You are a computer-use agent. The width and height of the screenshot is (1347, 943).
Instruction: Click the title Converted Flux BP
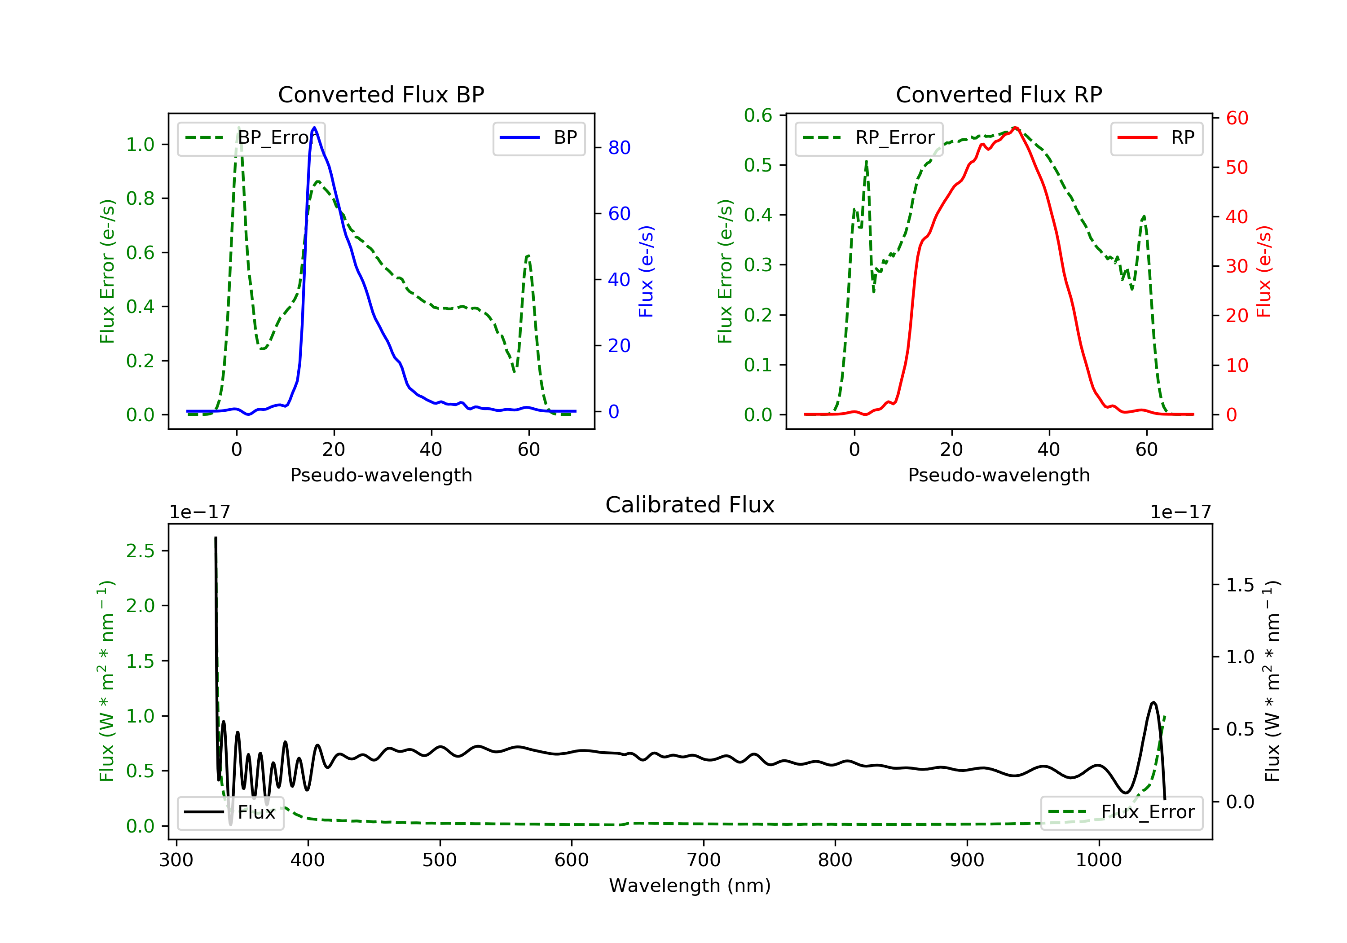381,94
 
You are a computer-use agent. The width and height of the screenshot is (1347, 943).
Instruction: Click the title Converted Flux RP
999,94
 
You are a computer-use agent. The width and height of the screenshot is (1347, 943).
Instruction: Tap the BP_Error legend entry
251,138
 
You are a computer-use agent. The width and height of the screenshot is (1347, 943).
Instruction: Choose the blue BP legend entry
538,138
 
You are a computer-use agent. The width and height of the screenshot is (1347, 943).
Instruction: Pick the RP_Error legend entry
869,138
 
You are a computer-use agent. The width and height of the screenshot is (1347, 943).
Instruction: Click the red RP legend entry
1156,138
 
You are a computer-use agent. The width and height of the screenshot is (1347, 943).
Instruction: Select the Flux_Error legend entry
1121,812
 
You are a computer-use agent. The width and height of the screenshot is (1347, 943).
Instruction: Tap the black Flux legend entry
230,812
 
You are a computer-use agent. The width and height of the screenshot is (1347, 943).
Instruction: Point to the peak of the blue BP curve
314,128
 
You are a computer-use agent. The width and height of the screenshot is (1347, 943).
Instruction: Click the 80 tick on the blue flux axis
619,148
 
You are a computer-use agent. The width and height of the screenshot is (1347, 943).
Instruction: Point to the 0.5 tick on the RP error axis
758,166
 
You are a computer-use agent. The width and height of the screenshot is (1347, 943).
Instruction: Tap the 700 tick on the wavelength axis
704,860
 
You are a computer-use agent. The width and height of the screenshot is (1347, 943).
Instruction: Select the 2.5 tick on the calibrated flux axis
140,551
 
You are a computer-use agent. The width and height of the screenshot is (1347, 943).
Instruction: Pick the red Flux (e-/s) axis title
1263,271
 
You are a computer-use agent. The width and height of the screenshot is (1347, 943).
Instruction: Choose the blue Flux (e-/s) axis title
646,271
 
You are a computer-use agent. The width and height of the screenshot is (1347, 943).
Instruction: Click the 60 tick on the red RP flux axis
1237,119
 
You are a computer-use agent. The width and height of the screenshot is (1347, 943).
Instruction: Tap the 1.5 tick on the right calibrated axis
1240,585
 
